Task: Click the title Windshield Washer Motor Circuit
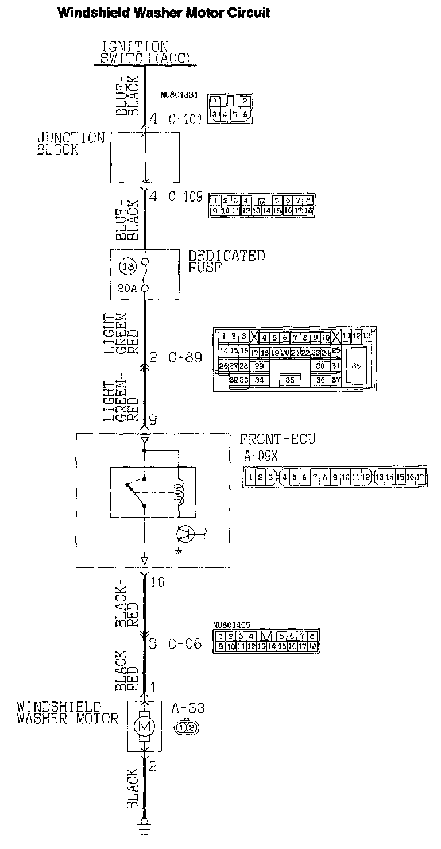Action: (164, 13)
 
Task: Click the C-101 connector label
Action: (185, 119)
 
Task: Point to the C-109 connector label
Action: (185, 196)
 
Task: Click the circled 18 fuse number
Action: (126, 267)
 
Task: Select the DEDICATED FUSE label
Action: (227, 261)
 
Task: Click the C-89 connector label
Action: (185, 357)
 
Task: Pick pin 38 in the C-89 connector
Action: (356, 365)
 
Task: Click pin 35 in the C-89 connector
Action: (290, 380)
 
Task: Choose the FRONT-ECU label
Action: (277, 439)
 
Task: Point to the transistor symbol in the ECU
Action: (185, 535)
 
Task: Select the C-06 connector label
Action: (185, 644)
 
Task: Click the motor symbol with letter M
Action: (144, 727)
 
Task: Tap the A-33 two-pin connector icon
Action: (187, 728)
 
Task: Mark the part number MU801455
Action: (228, 624)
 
